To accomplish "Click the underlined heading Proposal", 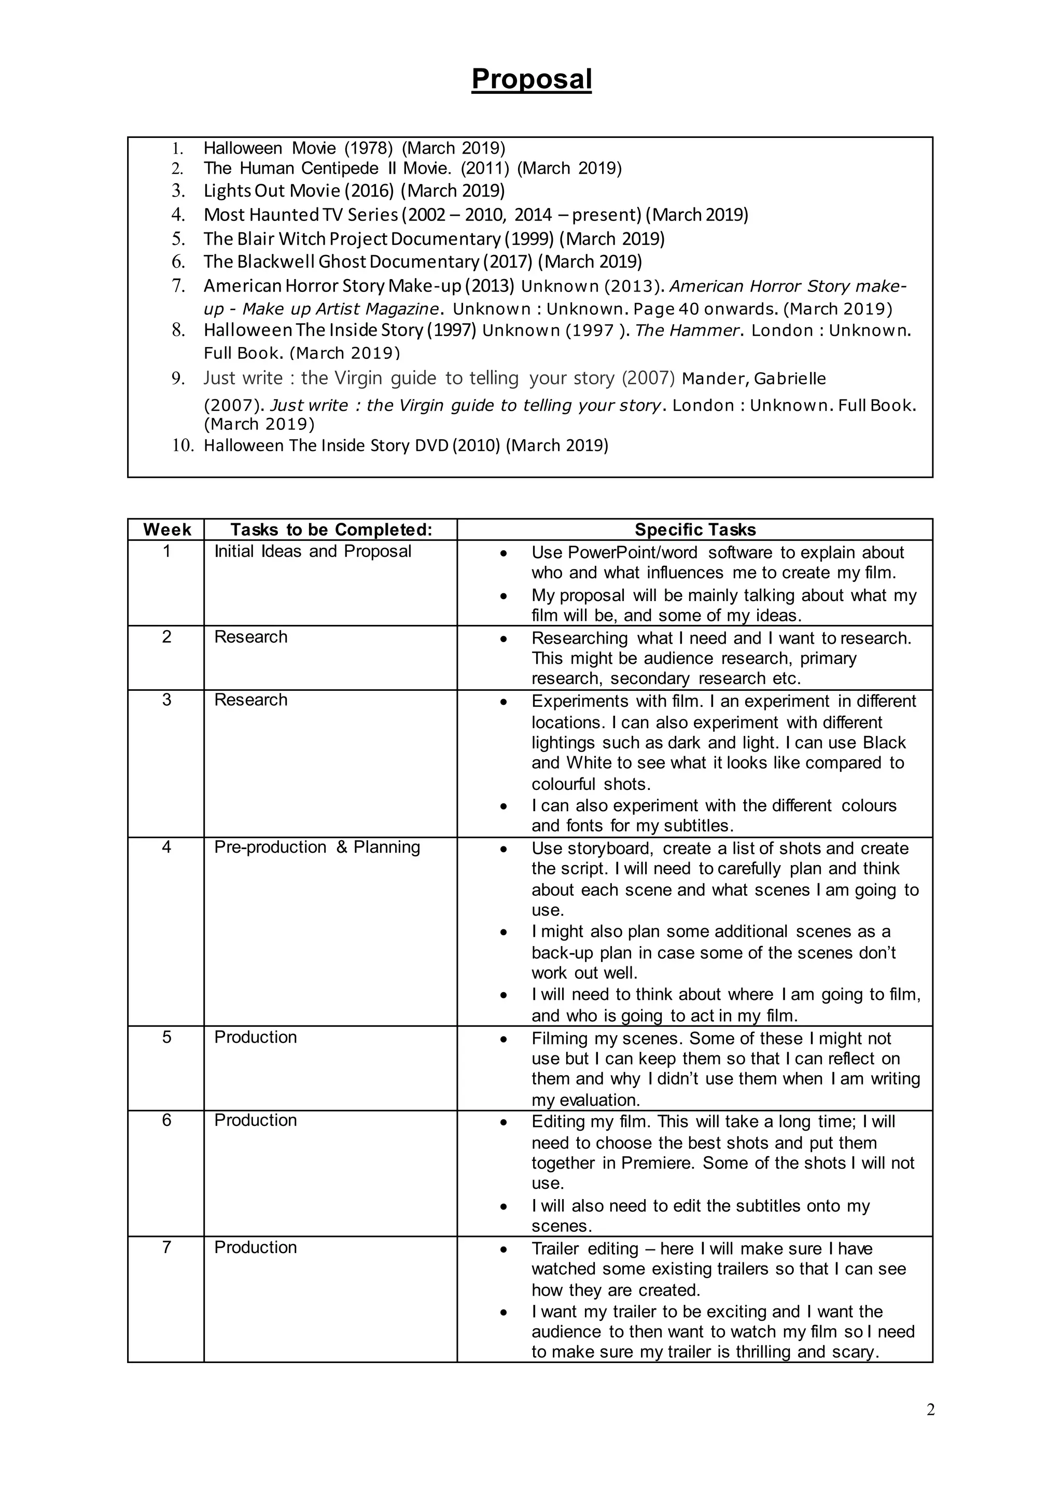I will pos(531,80).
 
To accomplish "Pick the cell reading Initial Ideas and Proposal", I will pos(313,551).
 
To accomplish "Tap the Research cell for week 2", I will pos(250,637).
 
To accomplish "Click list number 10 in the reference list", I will pos(183,446).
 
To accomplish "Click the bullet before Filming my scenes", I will pos(503,1039).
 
